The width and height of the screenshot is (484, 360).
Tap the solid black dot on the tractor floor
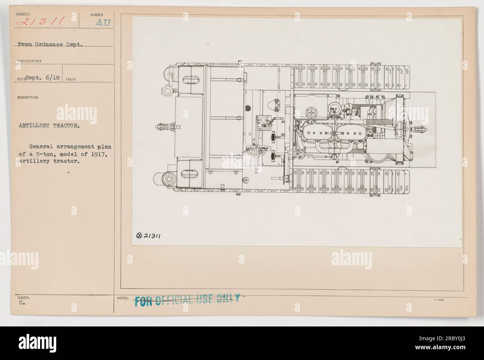pos(248,108)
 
